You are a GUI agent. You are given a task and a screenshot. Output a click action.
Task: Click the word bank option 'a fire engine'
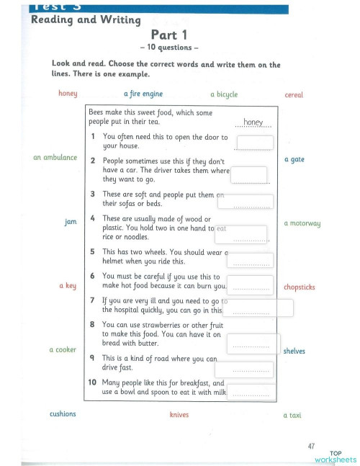[x=143, y=94]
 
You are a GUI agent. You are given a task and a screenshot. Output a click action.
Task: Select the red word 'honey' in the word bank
[x=67, y=93]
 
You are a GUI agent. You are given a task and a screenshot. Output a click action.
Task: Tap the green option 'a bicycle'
[x=224, y=94]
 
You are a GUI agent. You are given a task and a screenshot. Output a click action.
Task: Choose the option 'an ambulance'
[x=55, y=157]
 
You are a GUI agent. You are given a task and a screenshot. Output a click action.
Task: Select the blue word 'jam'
[x=71, y=222]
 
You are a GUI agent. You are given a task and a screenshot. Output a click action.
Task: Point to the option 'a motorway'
[x=302, y=223]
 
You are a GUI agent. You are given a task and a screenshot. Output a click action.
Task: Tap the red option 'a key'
[x=68, y=286]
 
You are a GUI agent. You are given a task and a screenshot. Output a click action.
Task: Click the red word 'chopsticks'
[x=300, y=287]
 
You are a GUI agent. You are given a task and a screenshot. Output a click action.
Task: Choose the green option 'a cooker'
[x=63, y=349]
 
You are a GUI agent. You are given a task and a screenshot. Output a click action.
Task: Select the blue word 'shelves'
[x=294, y=351]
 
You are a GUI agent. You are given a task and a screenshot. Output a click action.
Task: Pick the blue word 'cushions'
[x=63, y=414]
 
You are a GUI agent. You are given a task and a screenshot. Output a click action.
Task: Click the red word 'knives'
[x=179, y=415]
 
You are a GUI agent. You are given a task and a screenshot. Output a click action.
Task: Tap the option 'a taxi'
[x=292, y=415]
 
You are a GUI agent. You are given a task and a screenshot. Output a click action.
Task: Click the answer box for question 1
[x=255, y=143]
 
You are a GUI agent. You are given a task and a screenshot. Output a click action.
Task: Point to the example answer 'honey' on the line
[x=253, y=122]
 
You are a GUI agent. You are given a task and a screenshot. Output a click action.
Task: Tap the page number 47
[x=310, y=447]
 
